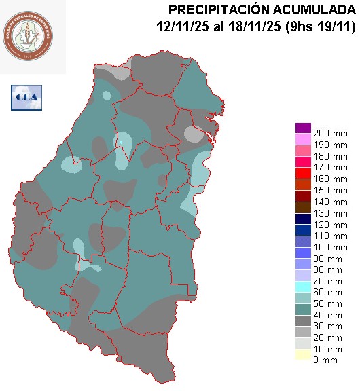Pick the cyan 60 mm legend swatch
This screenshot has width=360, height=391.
click(303, 291)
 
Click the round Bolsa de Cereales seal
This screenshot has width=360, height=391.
click(33, 37)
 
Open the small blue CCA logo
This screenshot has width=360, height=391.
click(26, 97)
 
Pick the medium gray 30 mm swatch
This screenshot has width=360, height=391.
click(303, 325)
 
